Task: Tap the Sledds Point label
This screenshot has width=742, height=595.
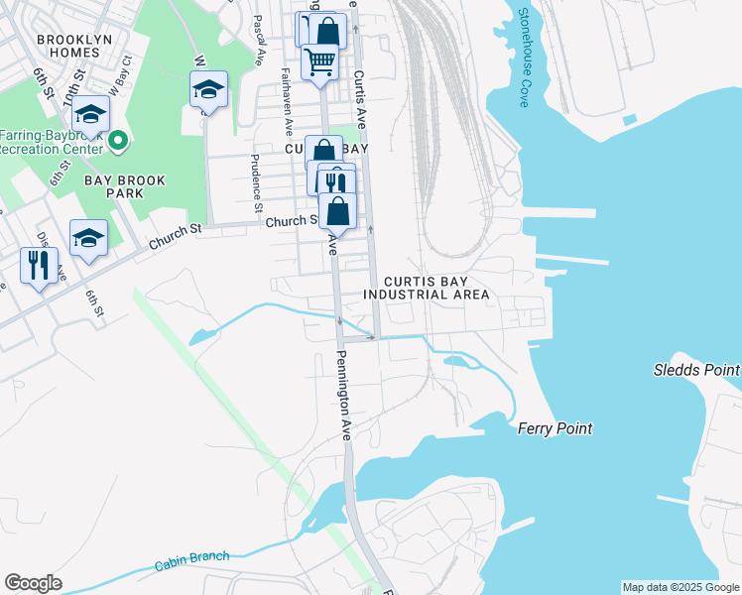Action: (x=695, y=370)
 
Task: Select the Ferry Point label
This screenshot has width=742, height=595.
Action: (x=555, y=428)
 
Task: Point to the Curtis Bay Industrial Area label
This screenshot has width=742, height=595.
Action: (x=426, y=288)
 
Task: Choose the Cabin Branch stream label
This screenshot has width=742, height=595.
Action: (x=191, y=561)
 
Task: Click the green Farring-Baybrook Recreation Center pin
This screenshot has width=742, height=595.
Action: (x=118, y=141)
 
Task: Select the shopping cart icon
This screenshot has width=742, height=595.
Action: (x=319, y=61)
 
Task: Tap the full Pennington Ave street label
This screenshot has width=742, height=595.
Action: (x=343, y=396)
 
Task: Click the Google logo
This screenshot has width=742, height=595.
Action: (x=33, y=583)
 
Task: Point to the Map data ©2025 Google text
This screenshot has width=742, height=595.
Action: (x=680, y=587)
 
